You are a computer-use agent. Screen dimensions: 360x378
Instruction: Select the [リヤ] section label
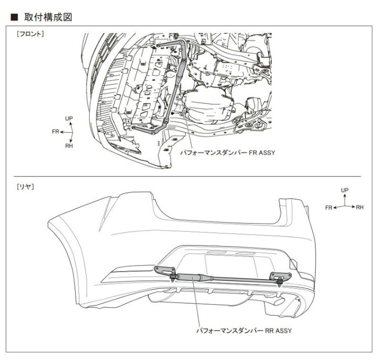pos(25,186)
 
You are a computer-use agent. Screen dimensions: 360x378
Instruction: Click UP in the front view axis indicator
pos(68,119)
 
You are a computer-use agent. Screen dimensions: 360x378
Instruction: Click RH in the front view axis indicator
pos(69,146)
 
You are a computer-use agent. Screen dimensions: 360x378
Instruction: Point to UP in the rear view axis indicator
pos(344,189)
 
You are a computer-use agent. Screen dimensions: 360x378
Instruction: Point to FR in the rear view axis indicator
pos(329,208)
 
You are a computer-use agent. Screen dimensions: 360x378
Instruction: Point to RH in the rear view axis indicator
pos(360,208)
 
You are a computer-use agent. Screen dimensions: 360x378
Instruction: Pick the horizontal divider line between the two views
pos(189,176)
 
